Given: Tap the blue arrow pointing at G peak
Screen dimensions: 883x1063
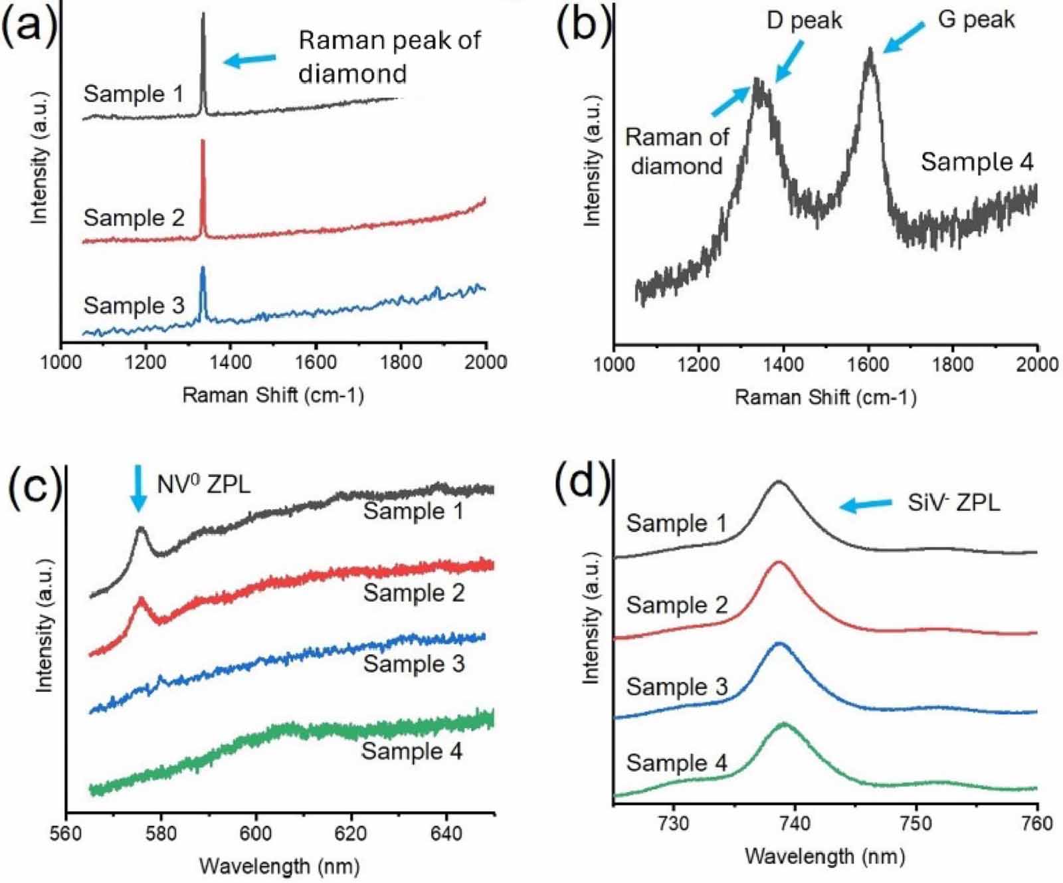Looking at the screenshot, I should coord(903,37).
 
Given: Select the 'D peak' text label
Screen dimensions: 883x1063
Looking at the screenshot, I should coord(804,21).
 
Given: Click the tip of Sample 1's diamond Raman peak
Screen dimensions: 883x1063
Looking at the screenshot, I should coord(203,15).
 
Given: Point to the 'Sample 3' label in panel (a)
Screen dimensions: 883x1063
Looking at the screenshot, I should coord(134,306).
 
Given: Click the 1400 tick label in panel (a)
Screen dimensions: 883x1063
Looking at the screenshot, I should coord(231,363).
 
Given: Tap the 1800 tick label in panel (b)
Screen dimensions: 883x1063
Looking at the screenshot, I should coord(953,364).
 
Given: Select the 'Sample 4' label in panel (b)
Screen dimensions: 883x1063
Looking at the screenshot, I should coord(977,162).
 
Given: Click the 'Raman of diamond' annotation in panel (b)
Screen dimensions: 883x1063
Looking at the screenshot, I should coord(676,151).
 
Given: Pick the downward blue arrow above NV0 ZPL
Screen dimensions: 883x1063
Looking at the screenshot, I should coord(138,488).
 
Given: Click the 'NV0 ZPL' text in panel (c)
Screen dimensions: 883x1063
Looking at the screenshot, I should coord(204,485).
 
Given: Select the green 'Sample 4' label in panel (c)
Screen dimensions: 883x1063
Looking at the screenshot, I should coord(412,751).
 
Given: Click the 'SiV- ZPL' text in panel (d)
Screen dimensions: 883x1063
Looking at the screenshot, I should coord(953,503).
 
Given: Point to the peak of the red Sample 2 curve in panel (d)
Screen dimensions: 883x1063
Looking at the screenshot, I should coord(779,563).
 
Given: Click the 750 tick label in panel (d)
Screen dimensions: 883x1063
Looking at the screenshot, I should coord(916,824).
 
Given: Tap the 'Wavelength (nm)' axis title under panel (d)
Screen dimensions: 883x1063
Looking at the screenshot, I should coord(824,856).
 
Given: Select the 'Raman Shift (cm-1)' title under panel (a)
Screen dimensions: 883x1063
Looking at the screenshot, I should coord(273,396).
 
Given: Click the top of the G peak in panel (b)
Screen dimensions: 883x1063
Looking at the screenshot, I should coord(870,49).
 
